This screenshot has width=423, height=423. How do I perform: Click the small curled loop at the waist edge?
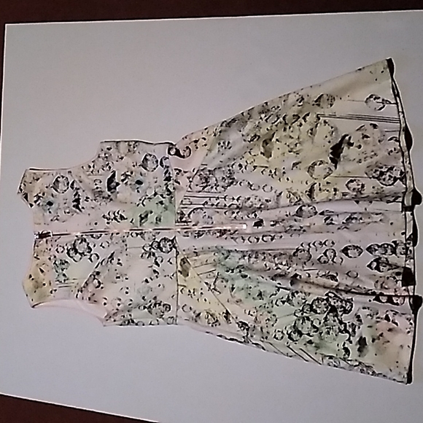[x=175, y=150]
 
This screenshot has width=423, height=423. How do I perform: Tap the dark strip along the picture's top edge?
[x=211, y=7]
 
